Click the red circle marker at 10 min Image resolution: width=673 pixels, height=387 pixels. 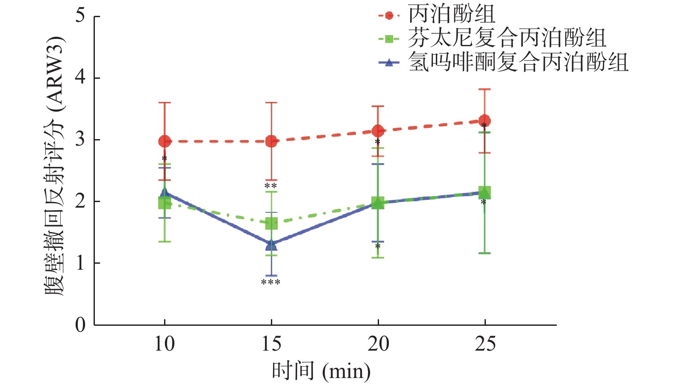[165, 141]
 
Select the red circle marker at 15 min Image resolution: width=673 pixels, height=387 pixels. [271, 141]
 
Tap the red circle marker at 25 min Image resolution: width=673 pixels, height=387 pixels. [484, 121]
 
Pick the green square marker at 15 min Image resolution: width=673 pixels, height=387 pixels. [271, 223]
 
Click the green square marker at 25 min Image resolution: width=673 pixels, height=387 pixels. [484, 193]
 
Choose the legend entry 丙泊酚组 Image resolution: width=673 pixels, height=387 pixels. [451, 15]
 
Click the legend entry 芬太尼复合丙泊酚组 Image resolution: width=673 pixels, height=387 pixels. [506, 39]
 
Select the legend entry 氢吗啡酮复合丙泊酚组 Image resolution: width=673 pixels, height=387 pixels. [517, 63]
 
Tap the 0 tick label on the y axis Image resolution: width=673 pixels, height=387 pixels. [80, 325]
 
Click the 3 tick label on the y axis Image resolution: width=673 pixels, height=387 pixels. [80, 140]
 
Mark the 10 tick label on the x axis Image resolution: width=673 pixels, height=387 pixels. [165, 344]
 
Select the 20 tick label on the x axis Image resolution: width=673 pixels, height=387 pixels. [378, 344]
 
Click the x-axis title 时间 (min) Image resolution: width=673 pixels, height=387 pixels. [321, 371]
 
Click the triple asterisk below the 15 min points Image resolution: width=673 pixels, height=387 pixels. [270, 283]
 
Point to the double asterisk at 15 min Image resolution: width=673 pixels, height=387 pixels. [270, 186]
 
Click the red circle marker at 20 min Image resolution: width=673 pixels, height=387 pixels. [378, 131]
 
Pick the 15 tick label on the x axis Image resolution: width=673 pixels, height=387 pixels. [271, 344]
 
